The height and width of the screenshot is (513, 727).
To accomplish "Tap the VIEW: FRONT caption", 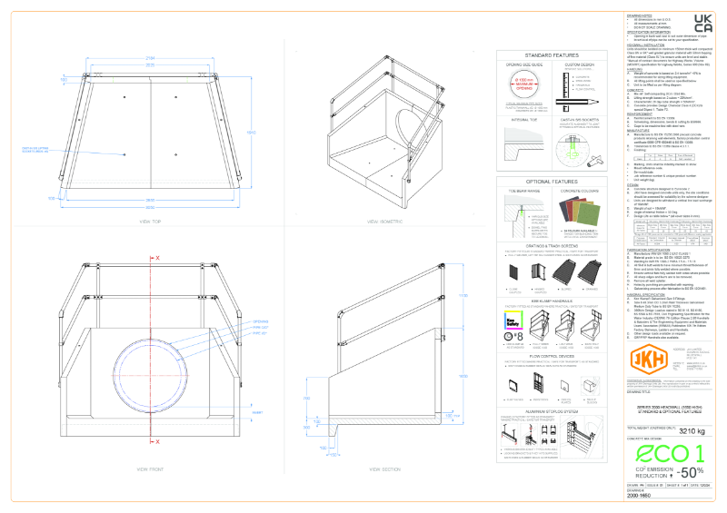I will [150, 469].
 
